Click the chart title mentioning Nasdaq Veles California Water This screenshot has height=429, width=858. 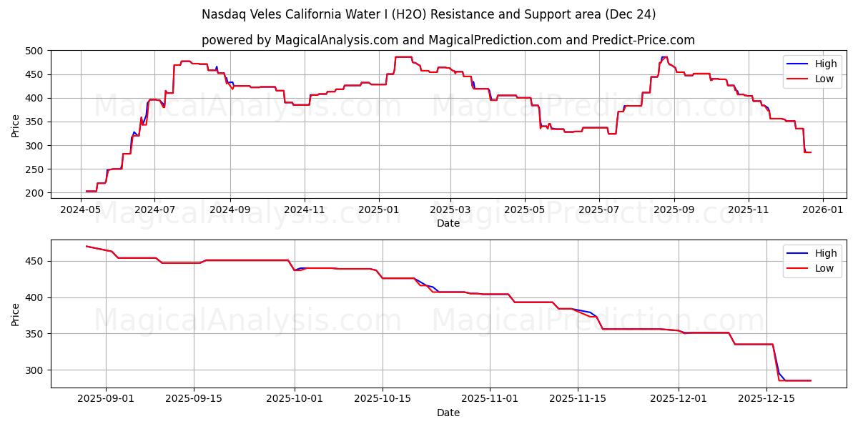click(428, 14)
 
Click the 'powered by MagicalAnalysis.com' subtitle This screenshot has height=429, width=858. click(448, 40)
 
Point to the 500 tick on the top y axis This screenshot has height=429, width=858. click(36, 51)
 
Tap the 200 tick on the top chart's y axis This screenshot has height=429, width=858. click(36, 193)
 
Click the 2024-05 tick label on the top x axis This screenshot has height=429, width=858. click(81, 210)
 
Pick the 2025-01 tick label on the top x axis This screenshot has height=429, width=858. click(378, 210)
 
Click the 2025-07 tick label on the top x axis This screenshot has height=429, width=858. click(598, 210)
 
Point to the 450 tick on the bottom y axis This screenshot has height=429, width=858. click(36, 261)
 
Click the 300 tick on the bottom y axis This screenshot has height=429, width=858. click(36, 370)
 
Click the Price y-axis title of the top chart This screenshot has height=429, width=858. click(16, 125)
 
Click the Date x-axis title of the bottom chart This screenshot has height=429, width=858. click(448, 413)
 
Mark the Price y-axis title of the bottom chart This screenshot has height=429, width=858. click(16, 314)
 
